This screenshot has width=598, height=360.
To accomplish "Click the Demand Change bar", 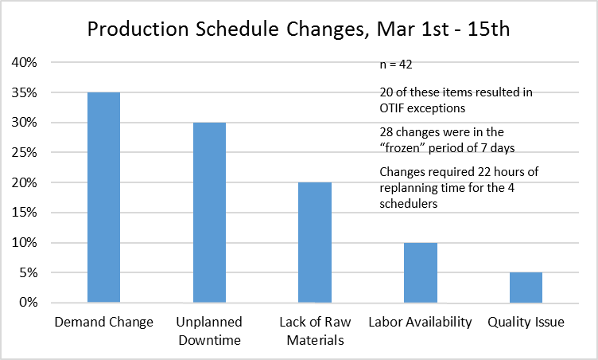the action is pos(103,198).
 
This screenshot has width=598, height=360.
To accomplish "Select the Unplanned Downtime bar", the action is pos(209,213).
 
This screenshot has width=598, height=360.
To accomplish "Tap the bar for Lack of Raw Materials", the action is pos(315,242).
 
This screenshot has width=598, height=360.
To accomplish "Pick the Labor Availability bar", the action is pos(421,272).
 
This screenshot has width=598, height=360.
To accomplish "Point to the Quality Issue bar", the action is pos(526,288).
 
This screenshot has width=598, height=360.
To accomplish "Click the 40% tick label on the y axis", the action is pos(25,62).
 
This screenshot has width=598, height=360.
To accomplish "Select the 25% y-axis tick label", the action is pos(25,152).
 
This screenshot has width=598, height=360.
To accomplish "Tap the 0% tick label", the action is pos(28,303).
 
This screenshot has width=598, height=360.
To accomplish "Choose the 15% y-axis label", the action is pos(25,213).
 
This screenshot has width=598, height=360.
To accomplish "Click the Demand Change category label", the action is pos(103,322).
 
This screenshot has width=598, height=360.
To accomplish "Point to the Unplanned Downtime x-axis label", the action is pos(209,331).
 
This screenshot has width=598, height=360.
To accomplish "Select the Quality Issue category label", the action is pos(526,322).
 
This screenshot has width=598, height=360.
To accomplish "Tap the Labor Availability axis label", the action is pos(421,322).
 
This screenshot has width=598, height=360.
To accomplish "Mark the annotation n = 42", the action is pos(396,65).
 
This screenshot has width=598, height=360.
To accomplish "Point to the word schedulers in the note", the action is pos(409,204).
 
